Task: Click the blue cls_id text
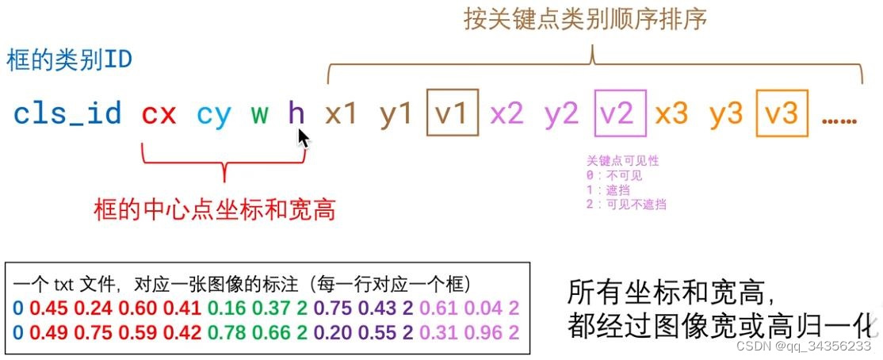pos(67,115)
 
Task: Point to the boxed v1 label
pos(453,115)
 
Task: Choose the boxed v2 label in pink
pos(617,115)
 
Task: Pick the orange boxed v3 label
pos(782,115)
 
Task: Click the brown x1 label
pos(341,115)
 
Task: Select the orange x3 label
pos(671,115)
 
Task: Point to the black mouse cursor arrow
pos(302,138)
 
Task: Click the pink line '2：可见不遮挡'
pos(625,204)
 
